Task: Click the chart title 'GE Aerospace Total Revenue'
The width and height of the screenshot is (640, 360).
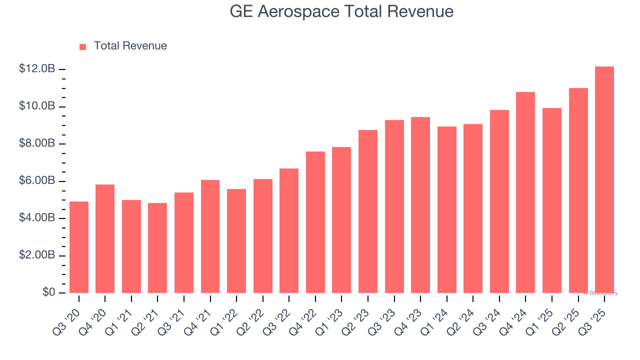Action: [x=341, y=11]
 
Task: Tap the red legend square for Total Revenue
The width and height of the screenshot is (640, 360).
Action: [x=83, y=46]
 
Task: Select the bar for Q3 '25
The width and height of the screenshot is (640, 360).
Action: [x=604, y=179]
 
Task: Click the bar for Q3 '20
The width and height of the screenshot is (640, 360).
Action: [x=79, y=247]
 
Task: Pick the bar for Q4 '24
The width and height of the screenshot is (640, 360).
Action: [x=525, y=192]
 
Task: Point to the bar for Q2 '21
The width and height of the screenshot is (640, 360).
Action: [x=157, y=248]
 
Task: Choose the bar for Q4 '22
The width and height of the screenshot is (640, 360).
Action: [x=315, y=222]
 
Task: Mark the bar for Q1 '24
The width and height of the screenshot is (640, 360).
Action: [x=446, y=209]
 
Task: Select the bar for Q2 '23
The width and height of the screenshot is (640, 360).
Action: [x=368, y=211]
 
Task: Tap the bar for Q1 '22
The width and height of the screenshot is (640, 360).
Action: [x=236, y=241]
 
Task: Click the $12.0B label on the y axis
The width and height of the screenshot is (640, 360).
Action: [x=36, y=69]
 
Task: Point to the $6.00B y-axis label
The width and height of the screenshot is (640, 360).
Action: [x=36, y=181]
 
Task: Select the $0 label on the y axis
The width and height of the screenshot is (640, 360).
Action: [x=48, y=292]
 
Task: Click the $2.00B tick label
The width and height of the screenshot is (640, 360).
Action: [x=36, y=255]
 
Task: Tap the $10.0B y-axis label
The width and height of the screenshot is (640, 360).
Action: [x=36, y=106]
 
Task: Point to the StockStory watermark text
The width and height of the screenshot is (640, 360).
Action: [x=600, y=293]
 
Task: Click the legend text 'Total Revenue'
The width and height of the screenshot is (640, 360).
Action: [x=130, y=46]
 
